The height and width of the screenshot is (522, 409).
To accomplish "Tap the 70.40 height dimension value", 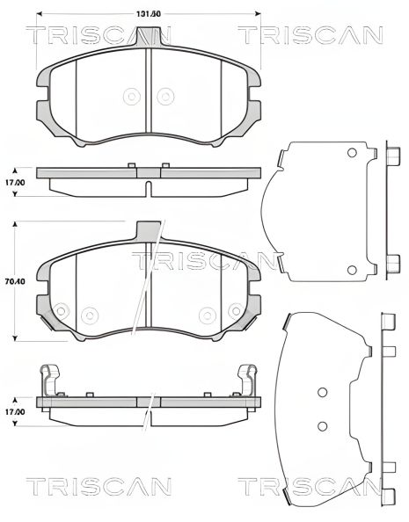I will coord(12,282).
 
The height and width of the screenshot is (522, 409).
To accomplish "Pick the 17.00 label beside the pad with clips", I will coord(12,411).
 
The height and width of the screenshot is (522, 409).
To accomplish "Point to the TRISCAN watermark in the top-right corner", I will coord(310,36).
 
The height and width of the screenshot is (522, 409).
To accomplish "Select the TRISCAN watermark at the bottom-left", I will coord(98,486).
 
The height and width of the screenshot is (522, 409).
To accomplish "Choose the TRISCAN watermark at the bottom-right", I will coord(310,486).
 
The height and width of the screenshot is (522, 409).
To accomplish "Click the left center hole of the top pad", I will coord(133,97).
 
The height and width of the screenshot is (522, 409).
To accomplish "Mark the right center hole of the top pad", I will coord(164,97).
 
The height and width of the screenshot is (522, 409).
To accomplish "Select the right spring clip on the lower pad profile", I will coord(249,381).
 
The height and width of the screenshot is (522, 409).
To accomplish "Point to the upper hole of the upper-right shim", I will coord(352,153).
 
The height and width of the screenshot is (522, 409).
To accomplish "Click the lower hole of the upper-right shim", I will coord(352,268).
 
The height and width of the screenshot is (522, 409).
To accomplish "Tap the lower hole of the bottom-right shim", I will coord(322,426).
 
